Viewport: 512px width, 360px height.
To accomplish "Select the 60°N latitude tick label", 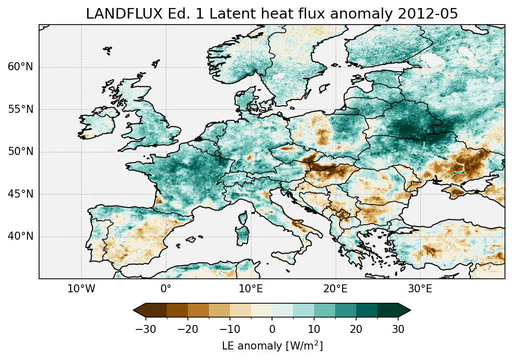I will [21, 67].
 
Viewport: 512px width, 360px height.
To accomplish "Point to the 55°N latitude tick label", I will [21, 109].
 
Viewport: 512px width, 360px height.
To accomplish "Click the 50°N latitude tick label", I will [21, 152].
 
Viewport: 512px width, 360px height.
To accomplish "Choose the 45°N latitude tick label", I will [21, 194].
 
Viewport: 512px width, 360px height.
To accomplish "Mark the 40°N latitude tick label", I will [21, 236].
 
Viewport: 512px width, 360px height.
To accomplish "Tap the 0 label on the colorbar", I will [272, 329].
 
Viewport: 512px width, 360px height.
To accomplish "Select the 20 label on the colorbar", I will [356, 329].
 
